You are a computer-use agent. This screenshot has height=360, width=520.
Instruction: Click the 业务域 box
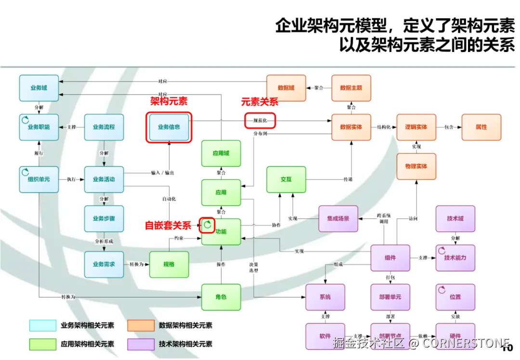coord(39,88)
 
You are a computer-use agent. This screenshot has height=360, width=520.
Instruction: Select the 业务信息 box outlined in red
coord(169,127)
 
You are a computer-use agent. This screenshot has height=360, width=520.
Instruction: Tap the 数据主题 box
coord(351,88)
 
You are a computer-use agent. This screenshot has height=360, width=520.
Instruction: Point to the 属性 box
coord(481,127)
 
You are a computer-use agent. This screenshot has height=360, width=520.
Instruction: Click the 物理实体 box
coord(416,166)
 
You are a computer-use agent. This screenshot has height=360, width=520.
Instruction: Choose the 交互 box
coord(286,179)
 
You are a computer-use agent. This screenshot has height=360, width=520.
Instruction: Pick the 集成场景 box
coord(338,218)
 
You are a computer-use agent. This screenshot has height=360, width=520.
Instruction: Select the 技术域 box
coord(455,218)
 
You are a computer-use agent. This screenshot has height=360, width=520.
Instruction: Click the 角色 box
coord(221,297)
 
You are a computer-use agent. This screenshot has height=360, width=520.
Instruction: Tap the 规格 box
coord(169,264)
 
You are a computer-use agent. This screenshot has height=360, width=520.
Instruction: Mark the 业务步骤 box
coord(104,218)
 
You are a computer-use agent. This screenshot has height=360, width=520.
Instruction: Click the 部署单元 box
coord(390,297)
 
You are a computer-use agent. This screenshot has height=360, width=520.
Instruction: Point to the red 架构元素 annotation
coord(169,101)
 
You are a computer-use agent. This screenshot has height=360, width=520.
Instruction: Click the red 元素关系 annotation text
coord(260,102)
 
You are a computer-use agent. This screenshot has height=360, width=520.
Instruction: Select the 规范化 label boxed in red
coord(260,120)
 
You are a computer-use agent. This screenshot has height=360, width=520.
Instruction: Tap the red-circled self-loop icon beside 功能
coord(208,224)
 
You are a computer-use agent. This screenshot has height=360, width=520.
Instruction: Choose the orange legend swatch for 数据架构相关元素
coord(141,326)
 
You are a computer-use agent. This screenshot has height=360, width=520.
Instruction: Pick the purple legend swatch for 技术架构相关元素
coord(141,344)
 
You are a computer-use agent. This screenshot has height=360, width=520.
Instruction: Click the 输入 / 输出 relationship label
coord(162,173)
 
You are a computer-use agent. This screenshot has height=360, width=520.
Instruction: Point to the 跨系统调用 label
coord(384,219)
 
